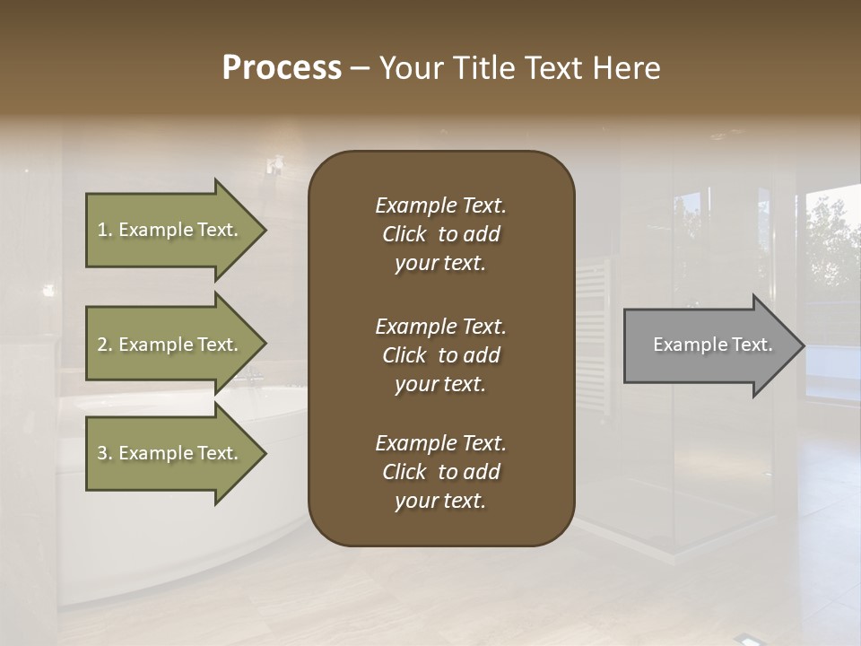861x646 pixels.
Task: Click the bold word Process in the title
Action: tap(282, 68)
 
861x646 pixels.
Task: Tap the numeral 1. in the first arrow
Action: tap(105, 230)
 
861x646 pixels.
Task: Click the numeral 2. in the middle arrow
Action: tap(105, 345)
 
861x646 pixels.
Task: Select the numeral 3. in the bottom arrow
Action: tap(105, 453)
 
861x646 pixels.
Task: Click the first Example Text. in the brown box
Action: tap(440, 205)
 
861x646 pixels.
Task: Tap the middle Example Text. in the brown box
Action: tap(440, 326)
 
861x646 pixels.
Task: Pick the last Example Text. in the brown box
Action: tap(440, 443)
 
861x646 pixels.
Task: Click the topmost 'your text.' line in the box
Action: tap(440, 264)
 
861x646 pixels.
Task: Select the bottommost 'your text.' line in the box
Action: tap(440, 502)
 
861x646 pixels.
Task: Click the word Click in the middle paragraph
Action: tap(404, 355)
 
